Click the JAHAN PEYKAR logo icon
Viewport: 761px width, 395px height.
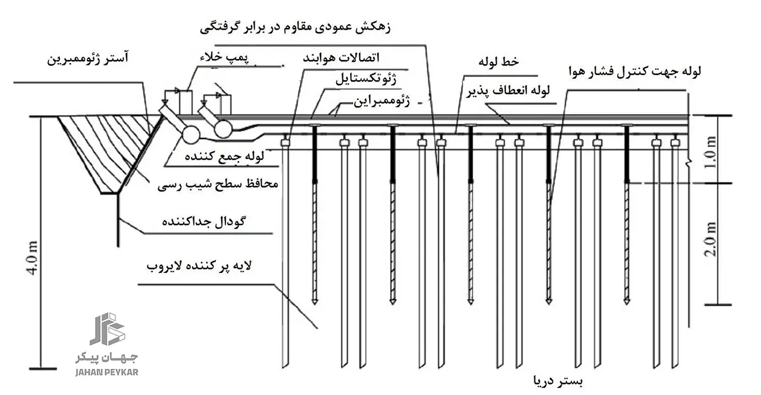(107, 329)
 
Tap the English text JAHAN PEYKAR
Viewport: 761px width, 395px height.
(107, 372)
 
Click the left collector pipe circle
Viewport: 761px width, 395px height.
(191, 134)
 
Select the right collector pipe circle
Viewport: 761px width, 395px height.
(224, 128)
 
